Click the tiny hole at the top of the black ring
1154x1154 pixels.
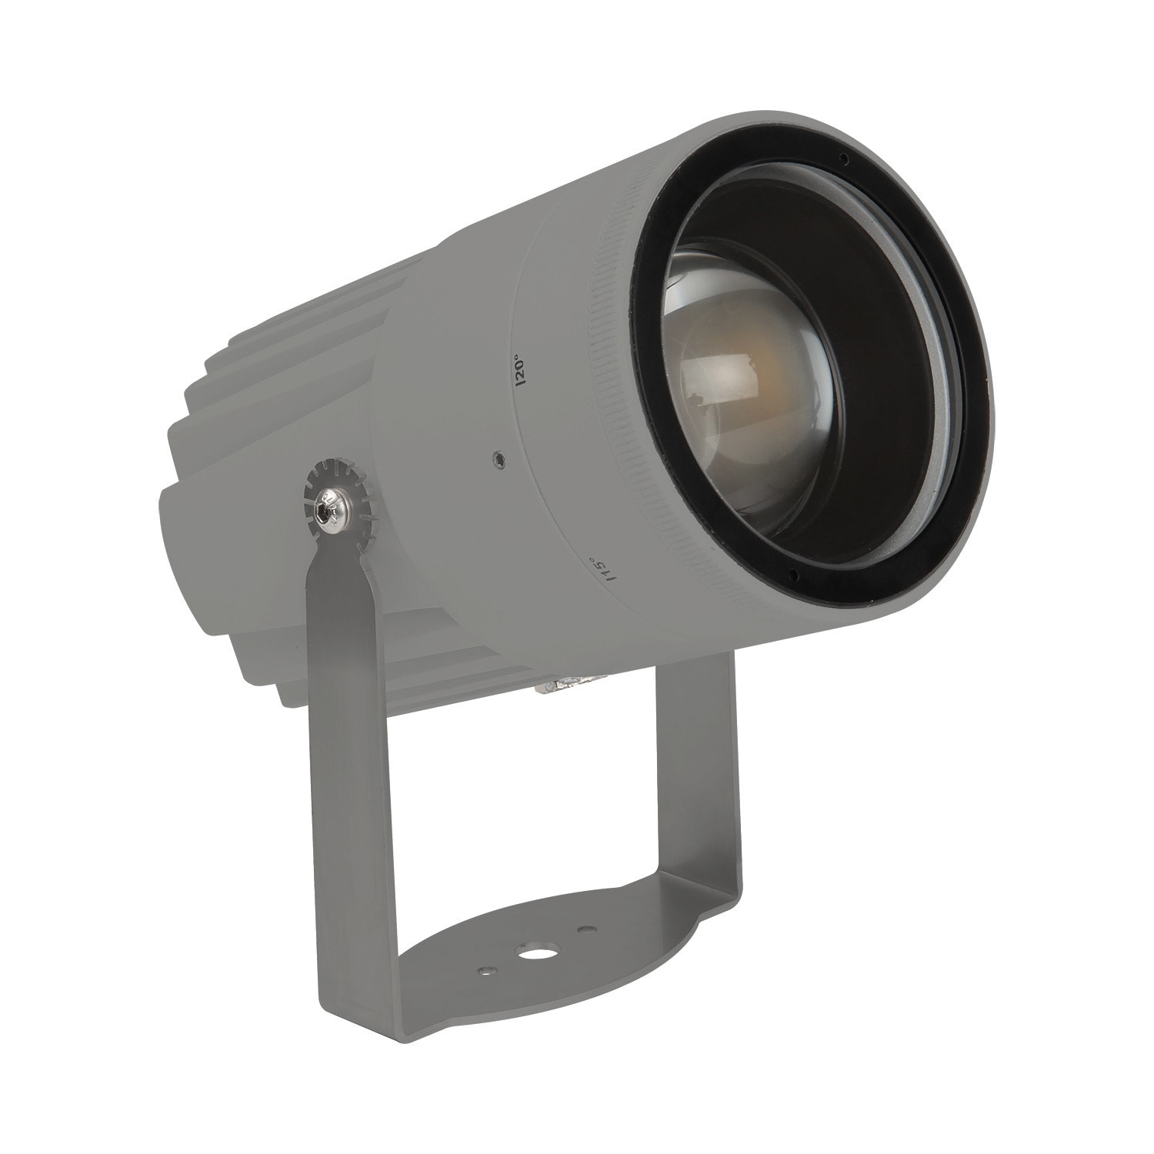click(x=843, y=159)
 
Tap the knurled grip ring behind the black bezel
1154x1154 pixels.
click(x=615, y=431)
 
